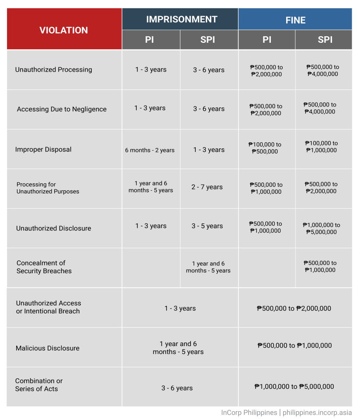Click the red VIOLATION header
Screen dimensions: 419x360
click(x=64, y=30)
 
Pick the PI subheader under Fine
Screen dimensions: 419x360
click(x=267, y=40)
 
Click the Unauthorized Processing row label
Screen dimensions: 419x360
click(x=53, y=69)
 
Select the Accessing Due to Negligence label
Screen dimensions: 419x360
click(x=62, y=109)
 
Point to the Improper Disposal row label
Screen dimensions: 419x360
click(x=43, y=149)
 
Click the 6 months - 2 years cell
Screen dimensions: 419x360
click(x=150, y=150)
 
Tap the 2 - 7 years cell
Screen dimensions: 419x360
click(x=207, y=187)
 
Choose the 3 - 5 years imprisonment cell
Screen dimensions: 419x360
click(x=207, y=226)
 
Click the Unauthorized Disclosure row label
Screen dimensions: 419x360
click(x=54, y=228)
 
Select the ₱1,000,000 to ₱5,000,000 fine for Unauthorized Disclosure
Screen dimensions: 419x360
click(x=321, y=228)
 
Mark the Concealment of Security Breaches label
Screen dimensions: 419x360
click(x=44, y=267)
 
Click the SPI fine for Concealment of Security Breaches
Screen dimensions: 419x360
click(x=320, y=266)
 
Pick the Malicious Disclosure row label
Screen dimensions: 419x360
click(x=48, y=348)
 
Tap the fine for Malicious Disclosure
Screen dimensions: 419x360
click(x=294, y=346)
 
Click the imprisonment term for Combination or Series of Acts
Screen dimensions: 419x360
click(x=177, y=388)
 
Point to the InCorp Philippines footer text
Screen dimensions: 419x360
click(x=249, y=412)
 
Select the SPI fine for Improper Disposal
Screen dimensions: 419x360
click(x=321, y=147)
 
